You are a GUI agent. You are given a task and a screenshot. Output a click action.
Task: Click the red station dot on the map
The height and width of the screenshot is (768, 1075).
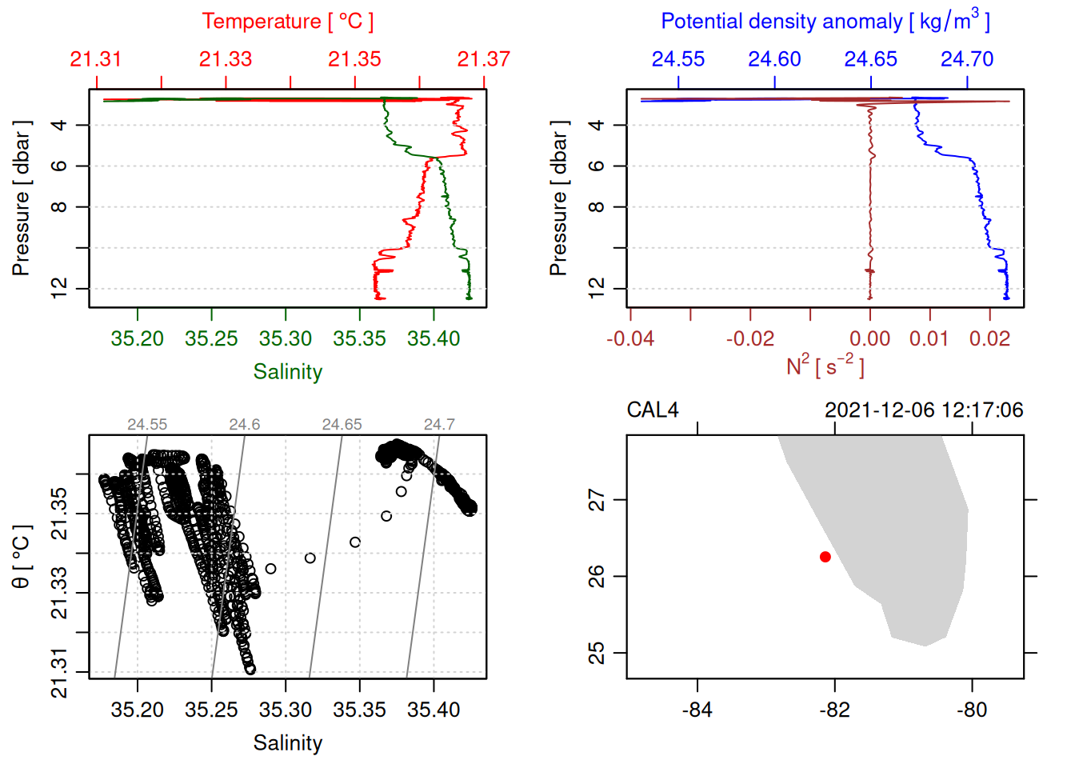click(x=825, y=557)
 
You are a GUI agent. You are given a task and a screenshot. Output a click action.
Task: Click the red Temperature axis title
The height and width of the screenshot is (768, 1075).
click(x=287, y=22)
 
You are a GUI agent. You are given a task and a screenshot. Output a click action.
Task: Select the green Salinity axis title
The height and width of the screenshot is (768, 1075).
click(x=287, y=372)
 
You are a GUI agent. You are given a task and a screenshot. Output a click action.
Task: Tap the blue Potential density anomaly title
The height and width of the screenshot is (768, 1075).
click(x=825, y=22)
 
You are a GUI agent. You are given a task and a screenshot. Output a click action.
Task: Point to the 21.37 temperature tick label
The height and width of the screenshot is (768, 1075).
click(x=483, y=59)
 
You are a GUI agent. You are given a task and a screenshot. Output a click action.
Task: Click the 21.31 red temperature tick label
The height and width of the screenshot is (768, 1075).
click(x=96, y=59)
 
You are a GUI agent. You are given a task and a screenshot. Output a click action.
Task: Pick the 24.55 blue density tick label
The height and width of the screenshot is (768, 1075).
click(x=678, y=59)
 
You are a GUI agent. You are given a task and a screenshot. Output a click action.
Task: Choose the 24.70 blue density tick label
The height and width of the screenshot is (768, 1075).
click(x=967, y=59)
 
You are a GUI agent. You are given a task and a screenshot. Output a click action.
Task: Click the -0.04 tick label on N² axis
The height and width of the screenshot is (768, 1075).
click(x=630, y=338)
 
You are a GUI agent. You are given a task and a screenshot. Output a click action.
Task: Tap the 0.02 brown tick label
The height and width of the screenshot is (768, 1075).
click(x=989, y=338)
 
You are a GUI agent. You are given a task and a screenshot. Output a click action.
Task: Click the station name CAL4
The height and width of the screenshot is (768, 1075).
click(x=653, y=410)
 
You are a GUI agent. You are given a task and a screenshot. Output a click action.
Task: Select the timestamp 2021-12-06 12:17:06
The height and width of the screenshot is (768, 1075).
click(x=924, y=410)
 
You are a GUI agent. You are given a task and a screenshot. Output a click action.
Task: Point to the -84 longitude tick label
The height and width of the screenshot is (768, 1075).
click(x=697, y=710)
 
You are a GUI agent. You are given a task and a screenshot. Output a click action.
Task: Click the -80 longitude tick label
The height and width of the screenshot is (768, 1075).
click(x=972, y=710)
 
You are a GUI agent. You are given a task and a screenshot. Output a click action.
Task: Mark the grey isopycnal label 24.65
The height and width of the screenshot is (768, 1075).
click(x=342, y=425)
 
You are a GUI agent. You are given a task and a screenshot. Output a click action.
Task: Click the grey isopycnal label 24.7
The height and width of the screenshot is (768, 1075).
click(x=439, y=425)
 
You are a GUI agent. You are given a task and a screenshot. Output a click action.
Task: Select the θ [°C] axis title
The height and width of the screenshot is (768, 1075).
click(x=22, y=557)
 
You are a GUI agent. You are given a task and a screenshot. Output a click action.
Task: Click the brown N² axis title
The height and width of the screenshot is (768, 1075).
click(x=825, y=366)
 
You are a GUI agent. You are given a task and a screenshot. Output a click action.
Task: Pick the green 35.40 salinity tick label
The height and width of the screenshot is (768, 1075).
click(x=434, y=338)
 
